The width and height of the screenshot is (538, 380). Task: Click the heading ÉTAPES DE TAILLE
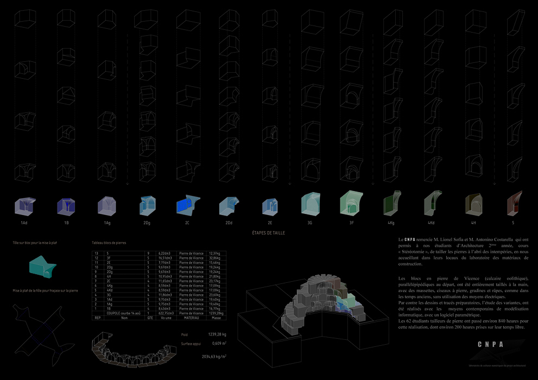pos(268,233)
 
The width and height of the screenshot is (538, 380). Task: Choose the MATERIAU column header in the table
pos(192,318)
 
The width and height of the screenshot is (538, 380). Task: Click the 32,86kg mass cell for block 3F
pos(217,257)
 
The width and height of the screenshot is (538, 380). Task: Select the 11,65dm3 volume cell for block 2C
pos(166,281)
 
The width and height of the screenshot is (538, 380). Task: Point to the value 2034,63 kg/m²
pos(214,357)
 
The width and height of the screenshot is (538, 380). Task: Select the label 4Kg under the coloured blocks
pos(391,223)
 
